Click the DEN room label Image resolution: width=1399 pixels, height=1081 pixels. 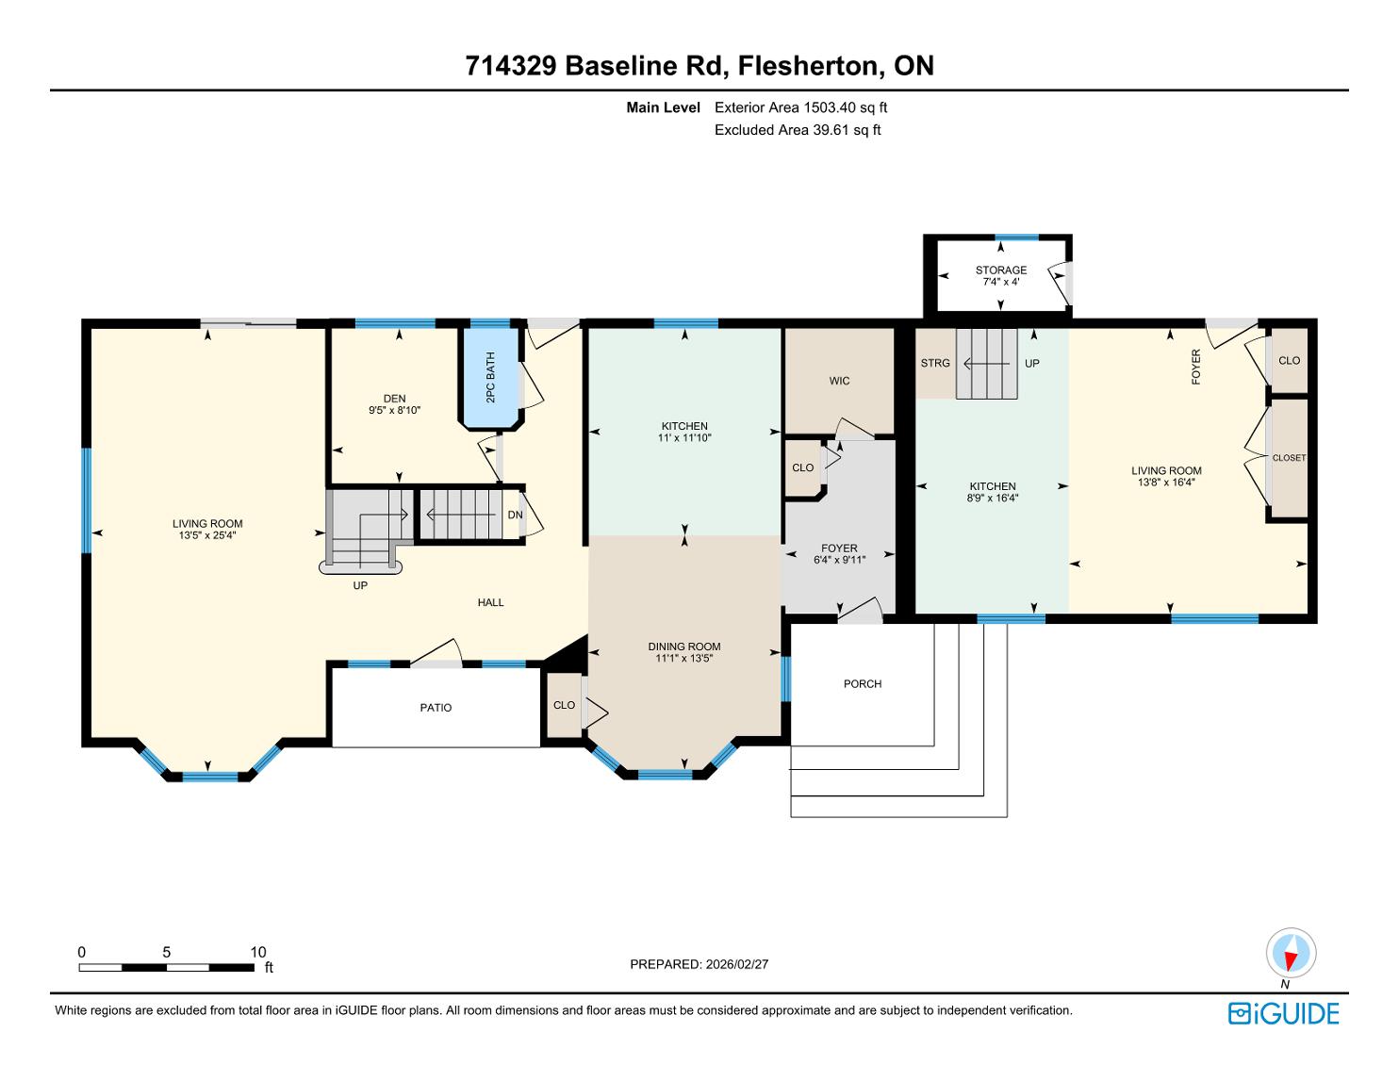coord(395,399)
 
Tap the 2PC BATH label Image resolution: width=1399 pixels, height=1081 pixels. coord(490,378)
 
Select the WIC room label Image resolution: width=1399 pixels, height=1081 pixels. coord(840,381)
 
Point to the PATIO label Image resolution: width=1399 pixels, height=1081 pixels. coord(436,708)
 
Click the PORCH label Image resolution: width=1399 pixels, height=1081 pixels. coord(863,684)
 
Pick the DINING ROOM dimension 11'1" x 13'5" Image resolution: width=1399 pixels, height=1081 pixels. coord(683,658)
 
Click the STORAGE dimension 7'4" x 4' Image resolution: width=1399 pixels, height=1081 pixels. coord(1001,282)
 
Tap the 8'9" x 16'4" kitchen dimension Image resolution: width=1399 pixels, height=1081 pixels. coord(993,498)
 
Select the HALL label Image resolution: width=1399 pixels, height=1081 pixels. coord(490,603)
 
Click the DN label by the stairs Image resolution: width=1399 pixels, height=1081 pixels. coord(515,516)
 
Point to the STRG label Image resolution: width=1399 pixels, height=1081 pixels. coord(935,364)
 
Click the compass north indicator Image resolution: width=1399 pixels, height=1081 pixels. coord(1291,953)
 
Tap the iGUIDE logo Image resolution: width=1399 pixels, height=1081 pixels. coord(1284,1013)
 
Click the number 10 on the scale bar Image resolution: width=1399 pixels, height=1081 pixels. coord(258,952)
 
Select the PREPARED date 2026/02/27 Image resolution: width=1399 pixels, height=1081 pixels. coord(737,964)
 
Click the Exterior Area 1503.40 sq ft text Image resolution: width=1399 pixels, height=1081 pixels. coord(801,107)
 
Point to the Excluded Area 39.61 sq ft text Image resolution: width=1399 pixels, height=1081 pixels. coord(798,130)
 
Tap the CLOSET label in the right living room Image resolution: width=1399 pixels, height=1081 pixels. coord(1289,458)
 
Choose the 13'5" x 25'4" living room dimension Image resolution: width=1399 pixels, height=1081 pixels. coord(207,535)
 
